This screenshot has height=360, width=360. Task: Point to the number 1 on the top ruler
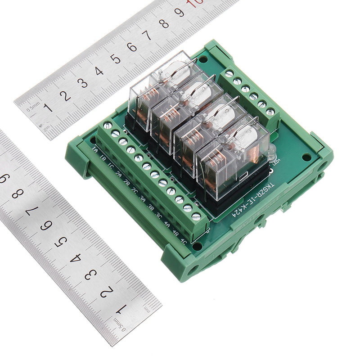coord(48,107)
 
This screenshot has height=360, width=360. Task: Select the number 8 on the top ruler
coord(164,23)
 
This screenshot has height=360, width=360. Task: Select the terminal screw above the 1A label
coord(108,126)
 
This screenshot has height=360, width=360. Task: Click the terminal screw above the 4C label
coord(196,216)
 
